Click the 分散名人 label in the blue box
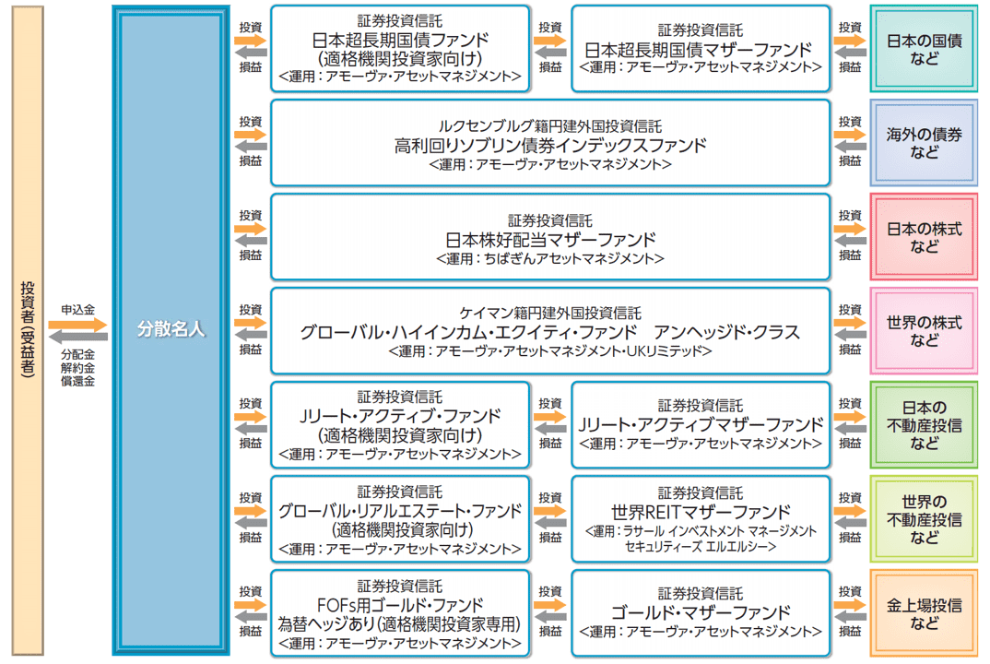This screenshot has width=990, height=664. click(171, 329)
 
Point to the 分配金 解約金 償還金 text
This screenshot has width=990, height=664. click(78, 367)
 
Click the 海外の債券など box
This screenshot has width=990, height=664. click(924, 144)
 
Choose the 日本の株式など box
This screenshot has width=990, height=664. click(924, 238)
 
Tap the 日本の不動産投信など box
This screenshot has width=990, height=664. click(924, 425)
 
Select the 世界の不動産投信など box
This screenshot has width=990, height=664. click(924, 519)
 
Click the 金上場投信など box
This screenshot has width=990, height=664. click(924, 613)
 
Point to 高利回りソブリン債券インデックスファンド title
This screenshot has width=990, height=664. click(550, 146)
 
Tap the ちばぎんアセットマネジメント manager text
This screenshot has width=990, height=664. click(550, 259)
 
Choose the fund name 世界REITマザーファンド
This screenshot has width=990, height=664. click(700, 511)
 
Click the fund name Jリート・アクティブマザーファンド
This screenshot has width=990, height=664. click(700, 425)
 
